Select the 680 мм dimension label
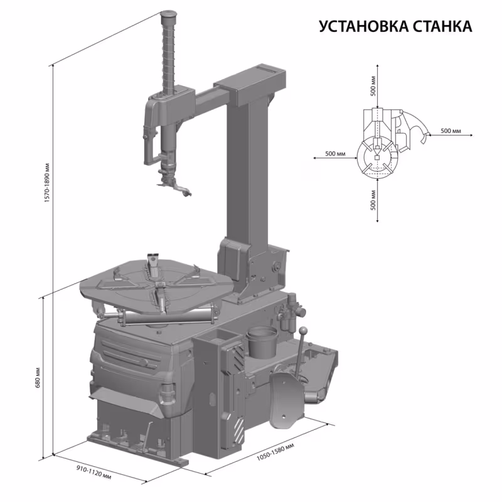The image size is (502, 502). [38, 377]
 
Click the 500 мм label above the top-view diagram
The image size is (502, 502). [374, 84]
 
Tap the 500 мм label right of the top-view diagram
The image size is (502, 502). [451, 131]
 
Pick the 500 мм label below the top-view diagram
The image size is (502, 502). [374, 201]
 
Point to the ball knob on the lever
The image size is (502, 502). [303, 331]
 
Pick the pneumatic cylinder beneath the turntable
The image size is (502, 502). [163, 315]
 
